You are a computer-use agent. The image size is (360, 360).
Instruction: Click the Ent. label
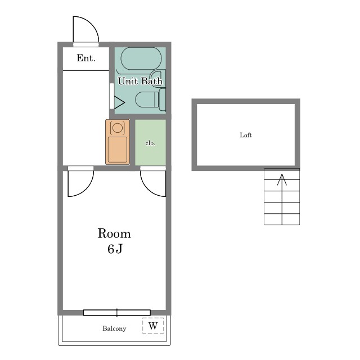(86, 58)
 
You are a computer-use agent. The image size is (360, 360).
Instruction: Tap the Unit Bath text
(140, 81)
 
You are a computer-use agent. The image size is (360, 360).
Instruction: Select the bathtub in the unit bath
(141, 58)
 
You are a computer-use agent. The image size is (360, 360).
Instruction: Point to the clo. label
(150, 143)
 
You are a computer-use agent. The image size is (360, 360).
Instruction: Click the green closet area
(150, 142)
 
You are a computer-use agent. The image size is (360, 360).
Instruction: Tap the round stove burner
(118, 128)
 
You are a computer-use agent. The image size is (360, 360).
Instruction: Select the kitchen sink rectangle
(118, 150)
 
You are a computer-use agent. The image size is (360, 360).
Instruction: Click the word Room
(114, 233)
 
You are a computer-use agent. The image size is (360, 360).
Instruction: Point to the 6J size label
(115, 249)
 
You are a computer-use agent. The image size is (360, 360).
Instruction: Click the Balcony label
(114, 328)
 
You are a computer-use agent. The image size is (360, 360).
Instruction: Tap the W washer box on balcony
(153, 325)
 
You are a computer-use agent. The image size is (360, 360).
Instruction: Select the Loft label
(246, 135)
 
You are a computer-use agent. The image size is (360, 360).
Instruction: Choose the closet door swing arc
(147, 189)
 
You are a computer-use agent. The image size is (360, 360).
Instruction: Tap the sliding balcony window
(117, 313)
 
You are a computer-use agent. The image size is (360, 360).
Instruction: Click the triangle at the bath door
(119, 102)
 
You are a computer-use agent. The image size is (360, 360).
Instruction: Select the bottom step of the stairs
(282, 219)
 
